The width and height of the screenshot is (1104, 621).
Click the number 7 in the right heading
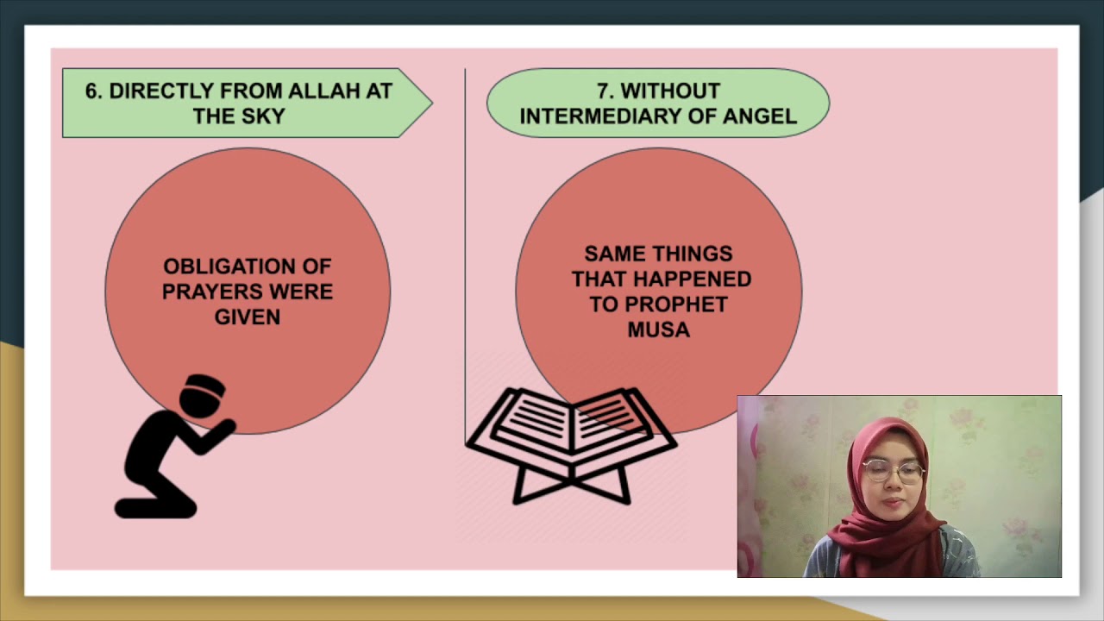(x=603, y=91)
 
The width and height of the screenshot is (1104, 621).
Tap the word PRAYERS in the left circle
(x=208, y=292)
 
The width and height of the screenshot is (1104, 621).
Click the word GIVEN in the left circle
(x=248, y=317)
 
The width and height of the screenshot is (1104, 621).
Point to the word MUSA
(x=659, y=329)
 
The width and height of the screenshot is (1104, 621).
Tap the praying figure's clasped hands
(x=226, y=425)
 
